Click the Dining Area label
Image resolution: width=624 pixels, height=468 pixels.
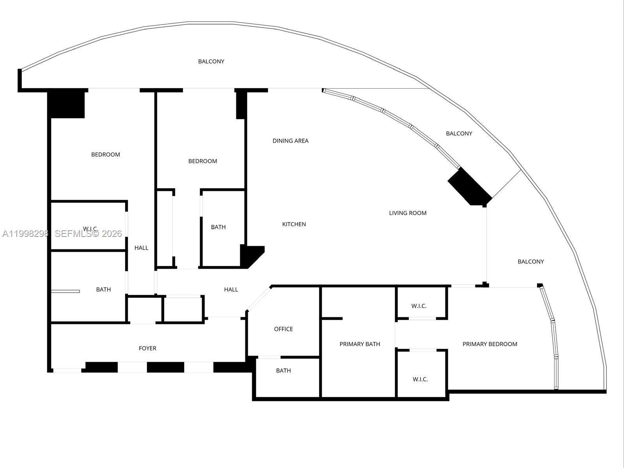[x=290, y=141]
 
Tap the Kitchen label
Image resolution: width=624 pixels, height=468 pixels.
[x=294, y=224]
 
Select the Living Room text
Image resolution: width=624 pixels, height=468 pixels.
[x=408, y=213]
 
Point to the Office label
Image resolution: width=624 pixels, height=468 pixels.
[x=283, y=329]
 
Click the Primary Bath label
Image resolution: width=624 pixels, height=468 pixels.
[x=360, y=344]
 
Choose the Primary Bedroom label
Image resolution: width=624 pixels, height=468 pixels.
[x=489, y=344]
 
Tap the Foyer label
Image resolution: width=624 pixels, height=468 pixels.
[x=147, y=348]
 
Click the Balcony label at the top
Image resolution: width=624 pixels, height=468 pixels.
[x=211, y=61]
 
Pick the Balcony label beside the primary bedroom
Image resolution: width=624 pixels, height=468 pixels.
[x=530, y=262]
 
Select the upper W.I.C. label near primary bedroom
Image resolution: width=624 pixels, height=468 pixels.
[x=418, y=306]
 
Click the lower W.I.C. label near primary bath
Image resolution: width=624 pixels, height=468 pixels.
[x=420, y=379]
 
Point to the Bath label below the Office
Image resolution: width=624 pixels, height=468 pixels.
[x=283, y=370]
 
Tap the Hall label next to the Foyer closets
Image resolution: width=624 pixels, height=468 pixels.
[x=231, y=289]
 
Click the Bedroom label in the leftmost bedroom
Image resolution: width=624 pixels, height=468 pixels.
[x=105, y=155]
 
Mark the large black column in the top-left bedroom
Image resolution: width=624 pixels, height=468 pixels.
[x=66, y=104]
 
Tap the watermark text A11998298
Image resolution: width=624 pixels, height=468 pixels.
[x=25, y=234]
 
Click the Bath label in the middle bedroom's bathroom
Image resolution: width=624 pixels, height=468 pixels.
[x=218, y=227]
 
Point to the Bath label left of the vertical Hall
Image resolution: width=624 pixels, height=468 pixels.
[x=103, y=289]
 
